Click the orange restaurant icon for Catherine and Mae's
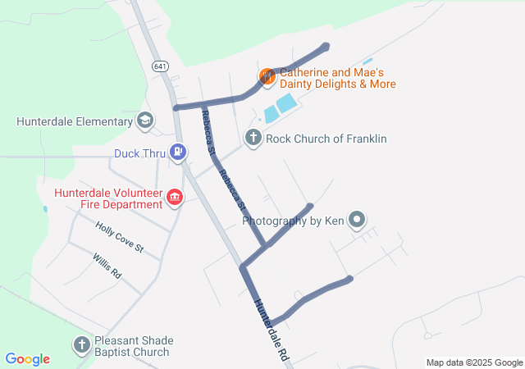(267, 77)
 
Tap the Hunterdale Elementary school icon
(145, 121)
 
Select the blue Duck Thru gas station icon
(177, 152)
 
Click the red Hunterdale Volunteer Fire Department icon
(175, 197)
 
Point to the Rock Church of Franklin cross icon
(253, 138)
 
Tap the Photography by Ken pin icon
(356, 220)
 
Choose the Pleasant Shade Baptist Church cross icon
(82, 344)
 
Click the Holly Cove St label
(119, 236)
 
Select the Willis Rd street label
(107, 266)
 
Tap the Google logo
(28, 359)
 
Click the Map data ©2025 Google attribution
(474, 362)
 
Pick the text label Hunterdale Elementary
(75, 122)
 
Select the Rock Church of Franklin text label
(326, 139)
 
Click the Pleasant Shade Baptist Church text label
(132, 345)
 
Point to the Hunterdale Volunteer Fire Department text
(107, 198)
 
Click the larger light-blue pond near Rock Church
(286, 103)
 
